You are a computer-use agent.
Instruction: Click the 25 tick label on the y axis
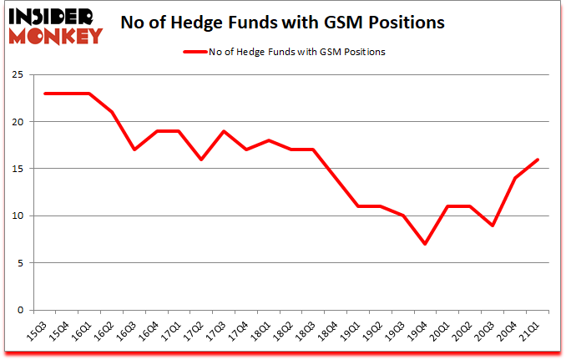tap(17, 75)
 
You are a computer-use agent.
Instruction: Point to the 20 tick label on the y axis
tap(17, 122)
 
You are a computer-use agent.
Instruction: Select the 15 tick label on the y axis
tap(17, 169)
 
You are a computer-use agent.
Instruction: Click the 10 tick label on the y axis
tap(17, 215)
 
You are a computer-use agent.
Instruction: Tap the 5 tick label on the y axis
tap(19, 263)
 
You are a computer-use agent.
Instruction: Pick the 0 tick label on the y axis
tap(19, 310)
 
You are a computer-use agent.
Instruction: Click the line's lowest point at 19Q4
tap(425, 244)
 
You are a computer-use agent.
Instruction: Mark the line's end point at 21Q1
tap(537, 160)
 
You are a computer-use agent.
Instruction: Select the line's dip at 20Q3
tap(493, 226)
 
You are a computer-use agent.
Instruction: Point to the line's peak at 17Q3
tap(224, 131)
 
